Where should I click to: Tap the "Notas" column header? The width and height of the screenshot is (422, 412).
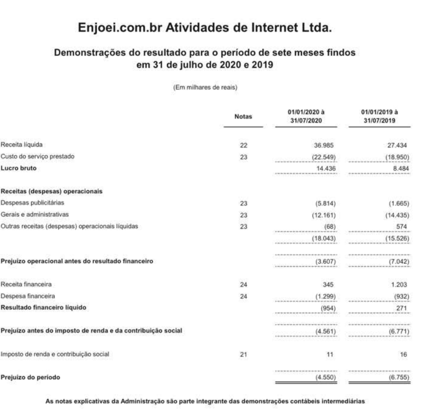point(243,117)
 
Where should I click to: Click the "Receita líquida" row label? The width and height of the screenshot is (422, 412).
point(22,145)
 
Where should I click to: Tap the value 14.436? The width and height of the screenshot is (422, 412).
point(325,168)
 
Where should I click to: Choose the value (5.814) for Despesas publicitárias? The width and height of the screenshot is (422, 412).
point(325,203)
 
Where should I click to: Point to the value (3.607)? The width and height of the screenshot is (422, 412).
point(325,261)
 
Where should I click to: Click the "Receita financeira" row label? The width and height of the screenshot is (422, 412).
point(26,285)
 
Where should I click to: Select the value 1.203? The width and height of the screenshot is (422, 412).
point(404,285)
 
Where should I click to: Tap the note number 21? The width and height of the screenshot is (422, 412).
point(242,354)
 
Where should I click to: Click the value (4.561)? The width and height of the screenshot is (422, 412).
point(325,331)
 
